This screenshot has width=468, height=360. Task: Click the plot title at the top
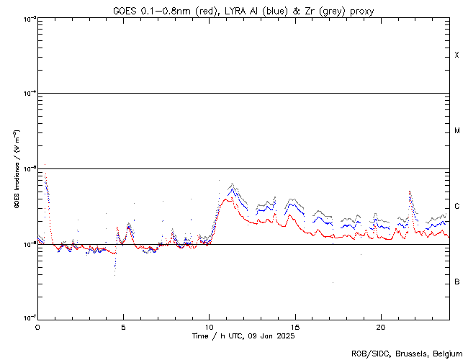(x=243, y=11)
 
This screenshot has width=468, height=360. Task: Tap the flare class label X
(x=457, y=55)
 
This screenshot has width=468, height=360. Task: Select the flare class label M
(x=457, y=131)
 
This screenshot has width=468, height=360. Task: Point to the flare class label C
(x=457, y=207)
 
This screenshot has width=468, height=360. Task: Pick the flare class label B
(x=457, y=282)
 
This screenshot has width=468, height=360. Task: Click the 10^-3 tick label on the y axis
(x=27, y=19)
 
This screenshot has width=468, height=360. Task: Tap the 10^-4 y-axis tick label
(x=27, y=94)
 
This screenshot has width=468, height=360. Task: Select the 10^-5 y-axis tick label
(x=27, y=169)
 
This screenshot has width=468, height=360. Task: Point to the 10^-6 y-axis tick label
(x=27, y=245)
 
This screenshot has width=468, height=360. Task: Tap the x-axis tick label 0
(x=37, y=326)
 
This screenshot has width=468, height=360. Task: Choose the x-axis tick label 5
(x=123, y=326)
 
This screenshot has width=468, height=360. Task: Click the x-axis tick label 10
(x=209, y=326)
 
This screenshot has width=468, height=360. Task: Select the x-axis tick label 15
(x=295, y=326)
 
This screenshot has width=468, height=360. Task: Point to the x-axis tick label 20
(x=381, y=326)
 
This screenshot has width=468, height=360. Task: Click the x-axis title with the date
(x=243, y=336)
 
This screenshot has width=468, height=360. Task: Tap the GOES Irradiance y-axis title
(x=15, y=169)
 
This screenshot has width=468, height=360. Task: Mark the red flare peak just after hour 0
(x=45, y=165)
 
